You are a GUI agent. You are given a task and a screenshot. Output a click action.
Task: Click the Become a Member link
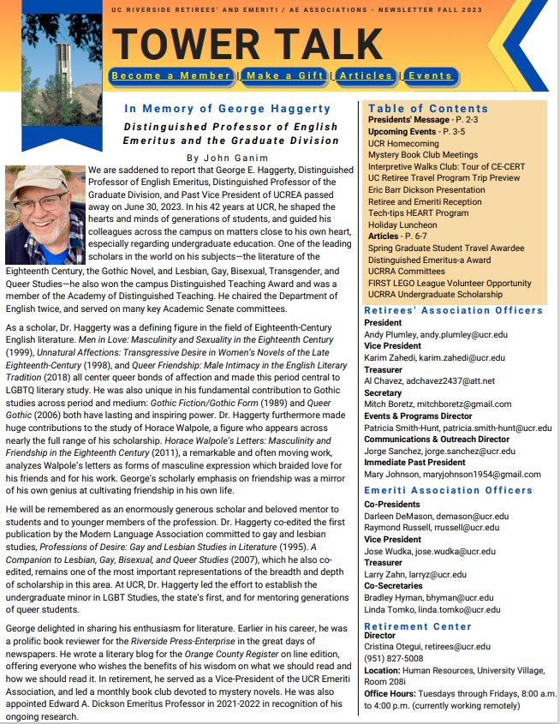pos(172,76)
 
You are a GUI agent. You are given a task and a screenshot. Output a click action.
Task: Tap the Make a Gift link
pos(284,76)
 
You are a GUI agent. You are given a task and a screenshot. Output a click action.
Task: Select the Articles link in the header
pos(366,76)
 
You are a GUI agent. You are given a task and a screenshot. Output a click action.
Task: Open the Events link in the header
pos(430,76)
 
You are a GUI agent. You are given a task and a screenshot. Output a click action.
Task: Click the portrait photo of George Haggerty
pos(45,215)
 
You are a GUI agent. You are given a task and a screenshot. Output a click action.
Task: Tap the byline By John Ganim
pos(226,158)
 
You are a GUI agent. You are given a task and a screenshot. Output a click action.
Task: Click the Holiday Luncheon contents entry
pos(402,225)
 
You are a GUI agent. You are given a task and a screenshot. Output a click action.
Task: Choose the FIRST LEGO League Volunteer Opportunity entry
pos(450,284)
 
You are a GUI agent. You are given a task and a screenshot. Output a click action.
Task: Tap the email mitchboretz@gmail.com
pos(462,404)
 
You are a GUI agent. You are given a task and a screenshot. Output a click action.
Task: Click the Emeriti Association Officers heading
pos(448,490)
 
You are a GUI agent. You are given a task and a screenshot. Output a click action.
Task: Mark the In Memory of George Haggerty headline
pos(227,109)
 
